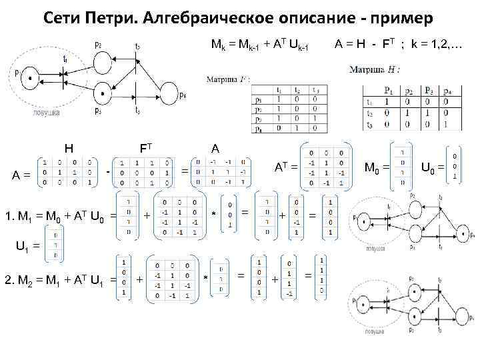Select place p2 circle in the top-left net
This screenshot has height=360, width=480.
click(x=102, y=58)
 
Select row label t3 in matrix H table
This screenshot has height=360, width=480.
click(x=369, y=124)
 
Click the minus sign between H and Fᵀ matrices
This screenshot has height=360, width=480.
click(x=107, y=173)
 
